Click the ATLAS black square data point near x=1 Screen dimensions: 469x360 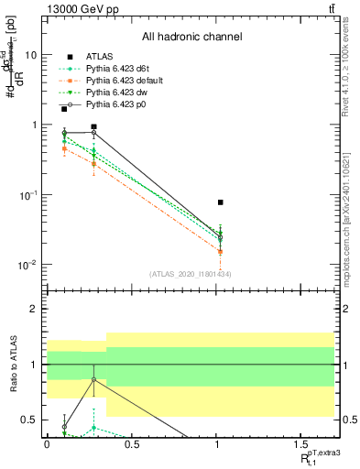point(221,202)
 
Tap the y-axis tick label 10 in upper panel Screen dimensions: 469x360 point(29,55)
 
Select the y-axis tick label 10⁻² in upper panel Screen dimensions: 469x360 point(27,266)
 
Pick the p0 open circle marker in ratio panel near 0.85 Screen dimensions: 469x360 point(93,379)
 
